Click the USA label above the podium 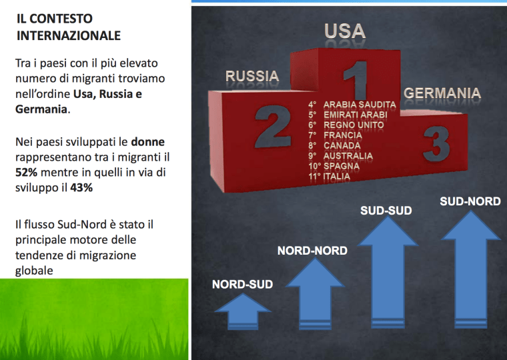345,31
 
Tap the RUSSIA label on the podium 251,77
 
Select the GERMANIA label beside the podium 442,93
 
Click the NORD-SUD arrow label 243,285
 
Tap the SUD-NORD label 470,201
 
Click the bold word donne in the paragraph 147,143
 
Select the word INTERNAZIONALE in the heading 69,35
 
